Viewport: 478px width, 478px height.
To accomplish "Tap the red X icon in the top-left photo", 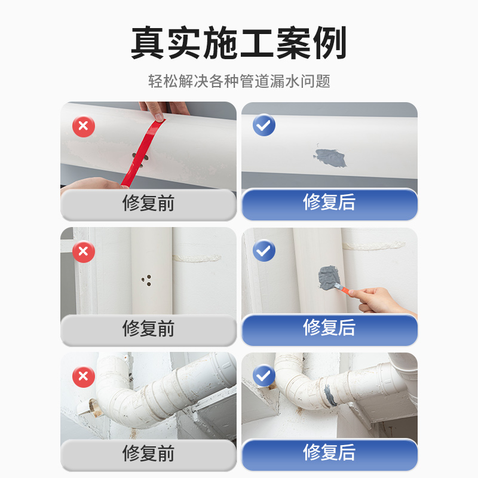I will point(84,127).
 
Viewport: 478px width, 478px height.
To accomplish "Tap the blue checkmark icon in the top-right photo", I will point(264,125).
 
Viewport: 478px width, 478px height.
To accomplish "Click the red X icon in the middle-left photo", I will point(84,252).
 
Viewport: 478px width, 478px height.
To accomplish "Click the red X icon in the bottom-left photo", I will point(84,376).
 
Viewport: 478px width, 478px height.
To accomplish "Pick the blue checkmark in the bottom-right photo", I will point(264,376).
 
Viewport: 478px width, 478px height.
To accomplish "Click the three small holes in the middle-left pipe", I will point(145,280).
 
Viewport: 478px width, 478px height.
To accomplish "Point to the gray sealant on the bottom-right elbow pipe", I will point(329,393).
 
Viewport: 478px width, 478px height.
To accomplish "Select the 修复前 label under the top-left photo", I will point(148,204).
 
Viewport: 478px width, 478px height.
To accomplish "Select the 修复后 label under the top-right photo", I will point(329,203).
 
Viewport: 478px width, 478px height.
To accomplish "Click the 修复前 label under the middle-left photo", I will point(148,329).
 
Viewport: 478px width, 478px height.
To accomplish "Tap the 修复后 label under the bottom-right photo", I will point(329,453).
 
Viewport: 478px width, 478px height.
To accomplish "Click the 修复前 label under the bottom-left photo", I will point(148,454).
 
